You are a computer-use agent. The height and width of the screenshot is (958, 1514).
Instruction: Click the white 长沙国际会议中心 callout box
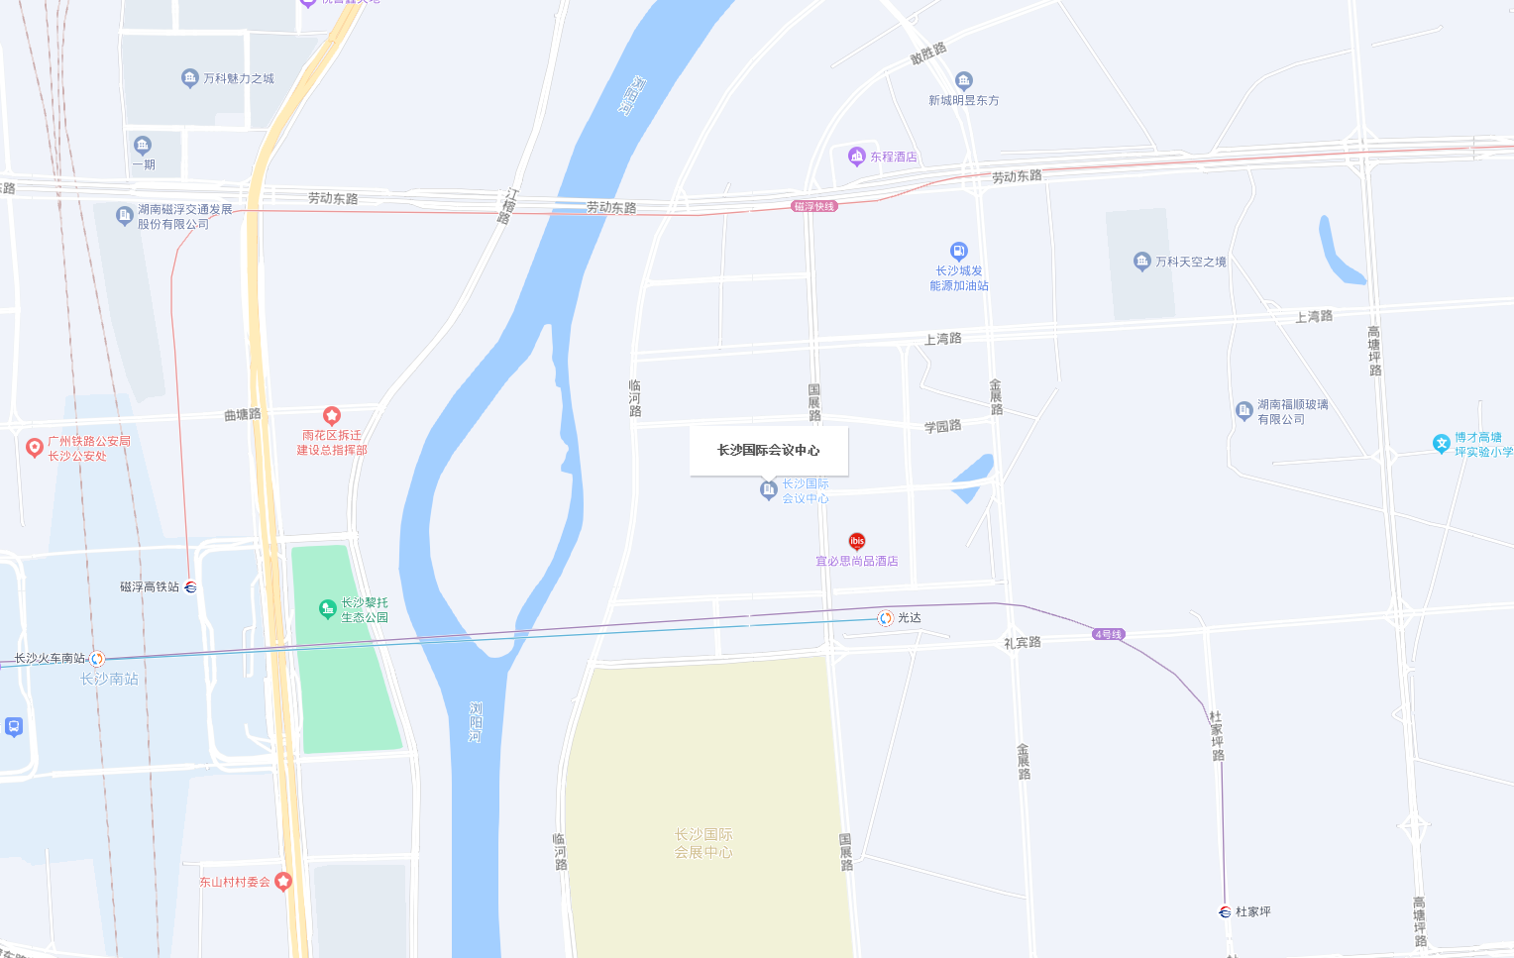tap(769, 451)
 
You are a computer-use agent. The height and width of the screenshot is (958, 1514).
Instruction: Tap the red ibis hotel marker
tap(857, 541)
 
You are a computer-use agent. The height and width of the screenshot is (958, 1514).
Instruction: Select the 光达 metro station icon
tap(886, 618)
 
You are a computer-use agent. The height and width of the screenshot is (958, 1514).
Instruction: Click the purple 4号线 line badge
tap(1109, 634)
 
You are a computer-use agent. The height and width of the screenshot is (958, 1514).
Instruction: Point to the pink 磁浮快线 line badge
tap(814, 206)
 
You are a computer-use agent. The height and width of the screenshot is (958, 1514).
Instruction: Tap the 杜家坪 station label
tap(1252, 911)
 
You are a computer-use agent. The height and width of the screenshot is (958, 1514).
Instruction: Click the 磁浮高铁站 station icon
tap(191, 587)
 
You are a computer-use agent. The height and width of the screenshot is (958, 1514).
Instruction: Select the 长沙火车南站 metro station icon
tap(97, 659)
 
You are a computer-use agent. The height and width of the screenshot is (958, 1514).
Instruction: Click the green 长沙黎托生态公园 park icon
tap(328, 608)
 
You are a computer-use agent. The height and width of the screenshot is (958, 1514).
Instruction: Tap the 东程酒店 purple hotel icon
tap(857, 156)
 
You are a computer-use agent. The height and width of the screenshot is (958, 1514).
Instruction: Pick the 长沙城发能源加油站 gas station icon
tap(958, 252)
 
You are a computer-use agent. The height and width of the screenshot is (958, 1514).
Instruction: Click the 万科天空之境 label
tap(1190, 262)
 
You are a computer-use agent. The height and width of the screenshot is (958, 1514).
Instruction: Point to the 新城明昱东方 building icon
tap(963, 81)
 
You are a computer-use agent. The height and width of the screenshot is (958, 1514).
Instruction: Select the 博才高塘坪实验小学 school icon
tap(1442, 444)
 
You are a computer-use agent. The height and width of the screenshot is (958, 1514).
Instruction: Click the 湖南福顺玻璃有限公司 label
tap(1292, 412)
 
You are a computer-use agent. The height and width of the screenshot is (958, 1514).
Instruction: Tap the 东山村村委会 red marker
tap(283, 881)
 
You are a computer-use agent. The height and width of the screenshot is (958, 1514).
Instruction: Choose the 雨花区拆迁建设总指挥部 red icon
tap(332, 416)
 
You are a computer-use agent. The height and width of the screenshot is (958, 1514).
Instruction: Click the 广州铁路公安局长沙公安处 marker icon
tap(35, 448)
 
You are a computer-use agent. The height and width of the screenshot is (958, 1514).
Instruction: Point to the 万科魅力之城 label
tap(238, 78)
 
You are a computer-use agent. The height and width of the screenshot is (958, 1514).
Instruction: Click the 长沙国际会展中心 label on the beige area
tap(703, 843)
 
